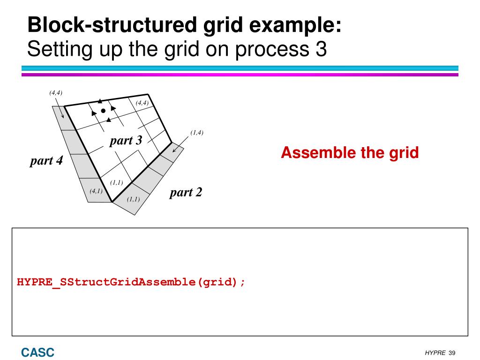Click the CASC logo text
[x=37, y=352]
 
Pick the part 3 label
[x=126, y=140]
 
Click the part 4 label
[x=46, y=161]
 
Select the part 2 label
[x=186, y=192]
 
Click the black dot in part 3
[x=103, y=111]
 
